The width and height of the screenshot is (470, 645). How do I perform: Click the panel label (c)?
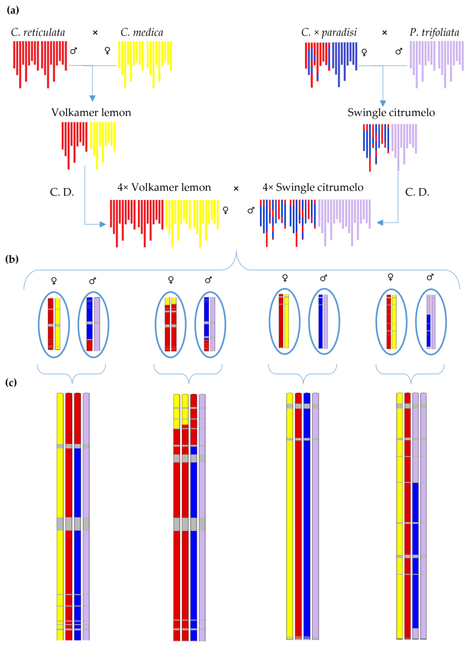coord(11,383)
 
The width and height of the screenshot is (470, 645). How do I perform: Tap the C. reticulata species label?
coord(38,32)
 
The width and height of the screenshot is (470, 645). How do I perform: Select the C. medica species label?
coord(142,32)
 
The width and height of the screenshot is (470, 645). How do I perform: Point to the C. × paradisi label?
coord(329,32)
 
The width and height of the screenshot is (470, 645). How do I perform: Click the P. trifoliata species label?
coord(434,32)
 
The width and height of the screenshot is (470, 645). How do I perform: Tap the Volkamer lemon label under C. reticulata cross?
coord(91,113)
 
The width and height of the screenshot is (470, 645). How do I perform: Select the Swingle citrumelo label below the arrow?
coord(391,113)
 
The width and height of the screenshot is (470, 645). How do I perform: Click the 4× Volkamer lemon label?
coord(164,187)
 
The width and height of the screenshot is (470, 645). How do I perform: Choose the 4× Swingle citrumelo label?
coord(313,187)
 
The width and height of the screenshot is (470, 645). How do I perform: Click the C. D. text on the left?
coord(62,193)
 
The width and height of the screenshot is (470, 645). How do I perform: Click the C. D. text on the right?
coord(417,193)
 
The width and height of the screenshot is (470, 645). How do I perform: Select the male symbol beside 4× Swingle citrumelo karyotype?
coord(251,210)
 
